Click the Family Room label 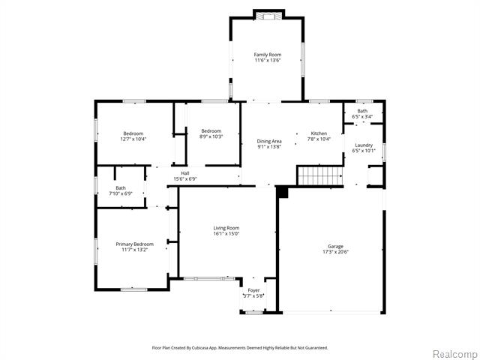(266, 55)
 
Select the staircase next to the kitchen (319, 176)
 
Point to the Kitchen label (319, 133)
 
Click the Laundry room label (364, 145)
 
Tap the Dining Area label (269, 141)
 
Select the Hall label (184, 173)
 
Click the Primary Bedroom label (134, 244)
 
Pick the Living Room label (226, 227)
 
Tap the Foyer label (253, 289)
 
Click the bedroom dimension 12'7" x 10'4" (133, 139)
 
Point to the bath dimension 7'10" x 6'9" (120, 194)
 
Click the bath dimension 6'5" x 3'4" (362, 117)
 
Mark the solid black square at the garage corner (282, 193)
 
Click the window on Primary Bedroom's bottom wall (133, 289)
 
